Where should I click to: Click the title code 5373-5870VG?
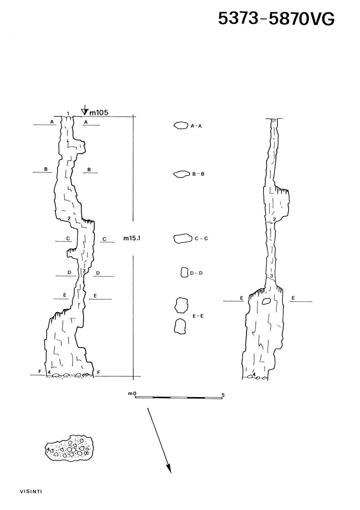(276, 18)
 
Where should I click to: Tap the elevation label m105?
(98, 113)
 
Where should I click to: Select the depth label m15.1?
(132, 238)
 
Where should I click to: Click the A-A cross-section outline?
(181, 125)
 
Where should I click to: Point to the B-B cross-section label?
(198, 174)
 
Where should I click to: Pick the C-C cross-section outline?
(182, 238)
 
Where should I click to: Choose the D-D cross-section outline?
(185, 272)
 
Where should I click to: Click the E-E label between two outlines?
(198, 316)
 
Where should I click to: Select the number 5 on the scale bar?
(223, 395)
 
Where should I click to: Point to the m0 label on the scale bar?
(132, 393)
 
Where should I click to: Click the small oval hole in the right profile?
(266, 301)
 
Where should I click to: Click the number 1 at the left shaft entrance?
(68, 113)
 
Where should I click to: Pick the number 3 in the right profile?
(271, 276)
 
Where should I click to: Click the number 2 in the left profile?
(69, 218)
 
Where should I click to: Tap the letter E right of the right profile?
(293, 298)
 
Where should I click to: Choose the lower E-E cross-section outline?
(180, 326)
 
